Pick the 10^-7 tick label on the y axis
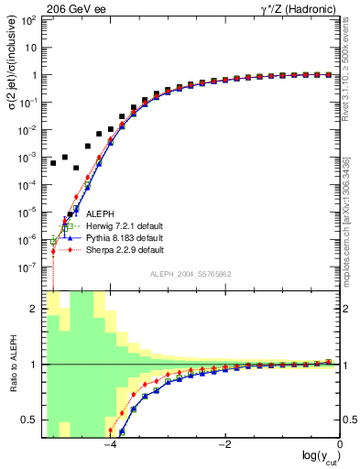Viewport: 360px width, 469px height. pos(30,267)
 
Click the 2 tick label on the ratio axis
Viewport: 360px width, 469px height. pos(36,309)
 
